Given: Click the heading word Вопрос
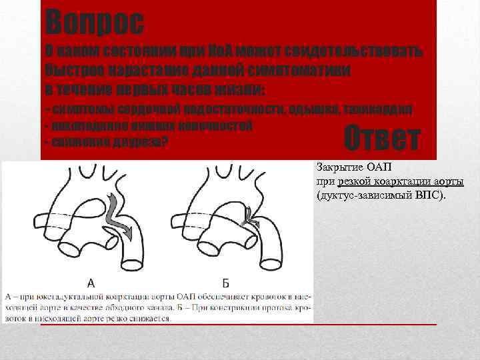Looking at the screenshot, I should pyautogui.click(x=94, y=23).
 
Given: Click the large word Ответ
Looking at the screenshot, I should pyautogui.click(x=382, y=138).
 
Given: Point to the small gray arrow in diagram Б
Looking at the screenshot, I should pyautogui.click(x=251, y=215).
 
